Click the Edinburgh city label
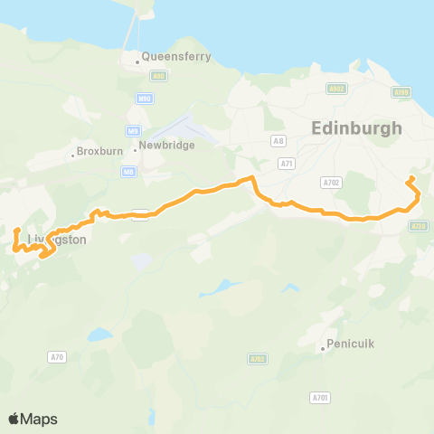click(356, 128)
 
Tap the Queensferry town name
click(175, 56)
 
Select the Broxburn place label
click(97, 150)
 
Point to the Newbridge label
click(167, 146)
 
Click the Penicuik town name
click(348, 344)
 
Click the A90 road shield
click(159, 78)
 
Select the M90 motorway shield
click(145, 98)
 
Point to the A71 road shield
click(288, 163)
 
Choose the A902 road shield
click(336, 89)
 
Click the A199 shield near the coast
click(403, 92)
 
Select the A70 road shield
click(58, 358)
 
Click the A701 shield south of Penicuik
click(320, 397)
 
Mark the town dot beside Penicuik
click(323, 348)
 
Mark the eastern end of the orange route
click(412, 178)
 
